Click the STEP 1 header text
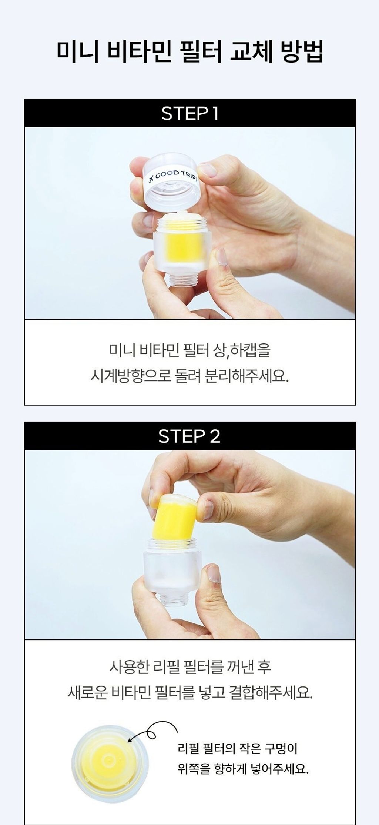click(x=190, y=113)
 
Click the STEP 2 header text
click(x=189, y=436)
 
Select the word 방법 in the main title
click(x=302, y=51)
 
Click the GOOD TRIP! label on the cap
click(x=172, y=176)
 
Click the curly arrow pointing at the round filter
click(x=152, y=731)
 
